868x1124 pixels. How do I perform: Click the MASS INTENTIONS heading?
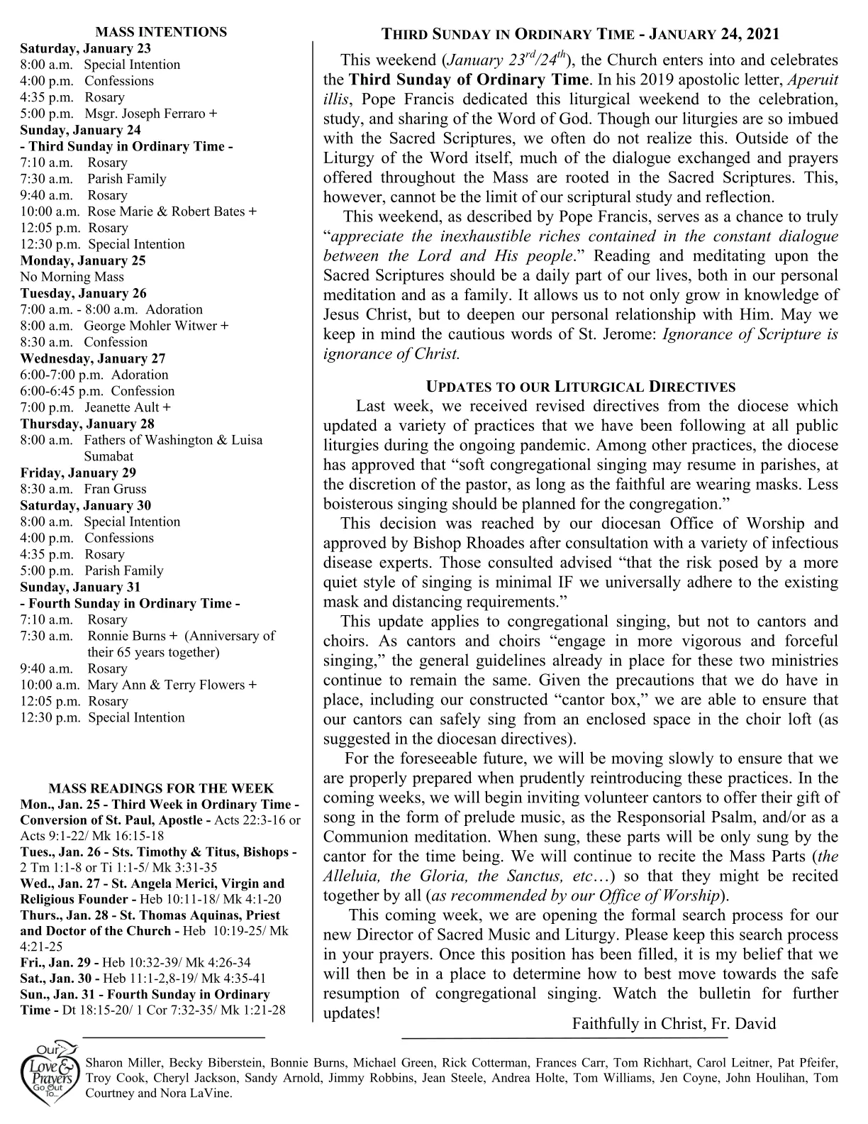tap(161, 32)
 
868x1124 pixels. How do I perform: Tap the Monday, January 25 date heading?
tap(83, 260)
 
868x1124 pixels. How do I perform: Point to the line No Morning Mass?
tap(72, 277)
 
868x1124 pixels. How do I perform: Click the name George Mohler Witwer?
tap(150, 326)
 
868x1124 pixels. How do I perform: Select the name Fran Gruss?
tap(115, 489)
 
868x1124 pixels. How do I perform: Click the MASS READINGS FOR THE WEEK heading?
tap(160, 788)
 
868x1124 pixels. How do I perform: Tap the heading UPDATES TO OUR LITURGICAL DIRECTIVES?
tap(580, 387)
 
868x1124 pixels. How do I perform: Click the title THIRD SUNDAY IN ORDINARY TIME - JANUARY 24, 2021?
tap(580, 34)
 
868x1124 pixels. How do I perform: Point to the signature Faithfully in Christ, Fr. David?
tap(674, 1024)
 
